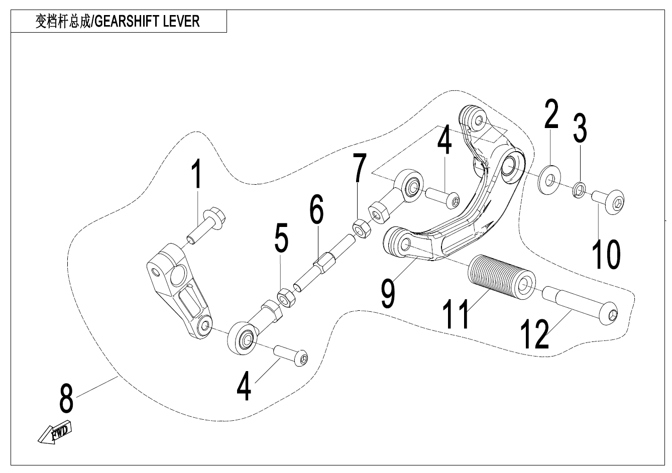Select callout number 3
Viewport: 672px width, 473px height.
click(580, 128)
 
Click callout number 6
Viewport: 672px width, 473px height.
click(316, 210)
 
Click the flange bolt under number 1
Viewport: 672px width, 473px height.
click(209, 224)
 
